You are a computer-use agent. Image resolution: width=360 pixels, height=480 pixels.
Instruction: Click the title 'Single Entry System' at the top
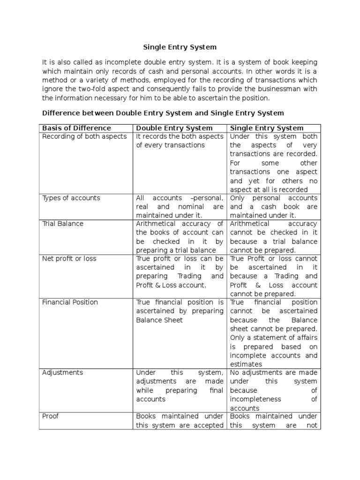180,47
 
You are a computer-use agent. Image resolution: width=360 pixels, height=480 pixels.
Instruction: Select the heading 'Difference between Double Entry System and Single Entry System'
163,113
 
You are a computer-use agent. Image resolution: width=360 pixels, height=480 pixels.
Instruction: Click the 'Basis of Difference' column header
76,128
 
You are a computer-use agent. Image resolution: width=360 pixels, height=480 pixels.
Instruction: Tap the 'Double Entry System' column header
174,128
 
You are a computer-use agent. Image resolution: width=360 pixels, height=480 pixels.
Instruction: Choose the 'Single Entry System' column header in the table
266,128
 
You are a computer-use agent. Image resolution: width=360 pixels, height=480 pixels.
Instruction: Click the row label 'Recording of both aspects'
84,136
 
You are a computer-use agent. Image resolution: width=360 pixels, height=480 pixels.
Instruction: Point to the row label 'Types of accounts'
71,198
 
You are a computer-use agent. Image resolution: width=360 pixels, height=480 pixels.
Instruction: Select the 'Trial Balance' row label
63,224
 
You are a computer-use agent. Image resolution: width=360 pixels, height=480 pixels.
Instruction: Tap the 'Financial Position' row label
70,302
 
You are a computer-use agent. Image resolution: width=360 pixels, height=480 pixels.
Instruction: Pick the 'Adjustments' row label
62,373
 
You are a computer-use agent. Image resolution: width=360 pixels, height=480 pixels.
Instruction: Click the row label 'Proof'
51,416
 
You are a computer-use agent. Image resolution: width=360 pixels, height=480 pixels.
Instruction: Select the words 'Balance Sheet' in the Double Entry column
159,320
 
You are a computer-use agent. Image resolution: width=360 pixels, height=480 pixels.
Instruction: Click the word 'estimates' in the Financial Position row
246,364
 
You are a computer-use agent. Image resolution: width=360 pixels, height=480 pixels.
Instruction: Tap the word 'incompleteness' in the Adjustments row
255,399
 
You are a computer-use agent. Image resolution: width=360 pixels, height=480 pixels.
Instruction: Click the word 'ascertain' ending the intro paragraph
216,97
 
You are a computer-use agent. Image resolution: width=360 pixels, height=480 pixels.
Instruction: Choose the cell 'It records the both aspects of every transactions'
180,141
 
